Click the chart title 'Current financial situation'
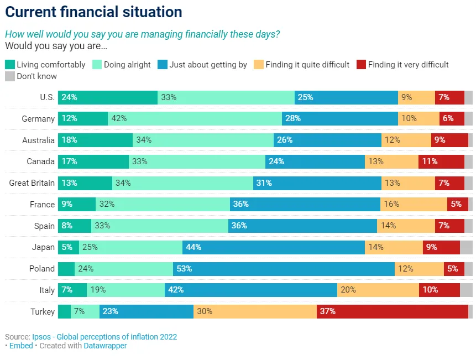(x=93, y=12)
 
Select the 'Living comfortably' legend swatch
(x=10, y=65)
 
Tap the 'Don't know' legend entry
(x=31, y=76)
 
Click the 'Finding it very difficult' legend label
(x=409, y=65)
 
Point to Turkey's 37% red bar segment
(x=392, y=311)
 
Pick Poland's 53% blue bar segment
(x=284, y=269)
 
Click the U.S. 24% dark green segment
(x=108, y=97)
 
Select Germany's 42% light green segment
(x=195, y=118)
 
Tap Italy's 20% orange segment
(x=378, y=290)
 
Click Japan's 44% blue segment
(x=274, y=247)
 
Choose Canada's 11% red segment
(x=441, y=161)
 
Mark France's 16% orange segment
(x=414, y=204)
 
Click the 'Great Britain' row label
(x=32, y=183)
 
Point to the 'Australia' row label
(x=38, y=140)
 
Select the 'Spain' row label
(x=44, y=226)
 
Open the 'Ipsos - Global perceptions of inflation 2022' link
(x=104, y=337)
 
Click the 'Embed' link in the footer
(x=21, y=346)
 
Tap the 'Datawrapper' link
(x=106, y=346)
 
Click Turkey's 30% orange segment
(x=255, y=311)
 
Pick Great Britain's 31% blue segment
(x=317, y=183)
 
